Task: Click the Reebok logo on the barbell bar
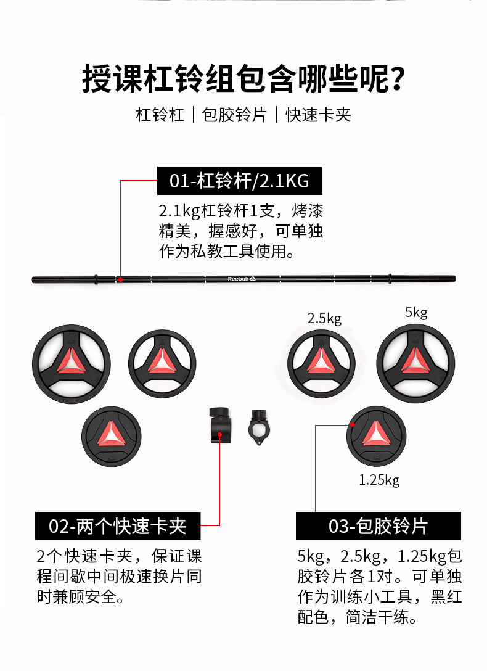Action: (x=241, y=279)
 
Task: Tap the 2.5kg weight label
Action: (x=324, y=318)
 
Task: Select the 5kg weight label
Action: (x=416, y=313)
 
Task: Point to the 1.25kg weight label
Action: (x=379, y=479)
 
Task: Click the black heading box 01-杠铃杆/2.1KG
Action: (x=240, y=181)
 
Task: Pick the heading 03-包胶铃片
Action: (x=378, y=527)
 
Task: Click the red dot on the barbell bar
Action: (x=121, y=279)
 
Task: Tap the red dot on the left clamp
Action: (x=220, y=434)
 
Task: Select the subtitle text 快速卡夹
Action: (x=318, y=115)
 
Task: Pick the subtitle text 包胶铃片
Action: (x=235, y=115)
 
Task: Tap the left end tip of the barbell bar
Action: (x=34, y=280)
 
